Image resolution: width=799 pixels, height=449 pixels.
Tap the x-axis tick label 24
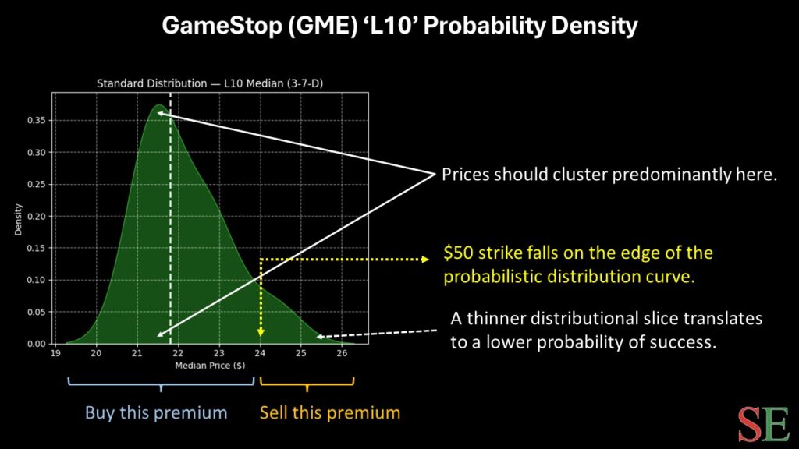click(x=260, y=353)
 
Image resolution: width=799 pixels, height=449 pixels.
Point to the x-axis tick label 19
click(x=55, y=353)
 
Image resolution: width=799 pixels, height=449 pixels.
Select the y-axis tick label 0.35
click(x=36, y=120)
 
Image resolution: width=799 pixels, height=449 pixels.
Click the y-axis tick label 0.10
click(x=36, y=280)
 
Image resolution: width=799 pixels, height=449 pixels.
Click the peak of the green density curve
click(x=158, y=105)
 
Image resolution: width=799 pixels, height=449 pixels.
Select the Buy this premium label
click(x=156, y=412)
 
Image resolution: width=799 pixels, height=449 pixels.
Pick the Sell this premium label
click(x=329, y=412)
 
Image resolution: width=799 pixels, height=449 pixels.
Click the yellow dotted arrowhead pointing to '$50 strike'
click(x=424, y=259)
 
